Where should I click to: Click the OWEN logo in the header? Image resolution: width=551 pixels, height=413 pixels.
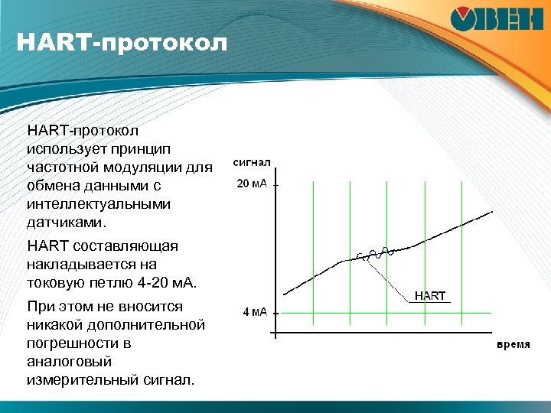point(497,20)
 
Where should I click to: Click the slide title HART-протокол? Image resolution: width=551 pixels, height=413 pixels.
point(122,42)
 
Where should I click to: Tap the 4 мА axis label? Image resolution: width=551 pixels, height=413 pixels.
point(254,312)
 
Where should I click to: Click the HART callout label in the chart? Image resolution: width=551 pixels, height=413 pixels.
point(429,296)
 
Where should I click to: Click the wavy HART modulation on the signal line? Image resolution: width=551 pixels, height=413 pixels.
point(375,254)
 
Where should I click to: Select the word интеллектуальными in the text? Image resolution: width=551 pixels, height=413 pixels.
point(98,205)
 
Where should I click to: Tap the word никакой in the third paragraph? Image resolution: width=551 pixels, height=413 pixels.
point(55,325)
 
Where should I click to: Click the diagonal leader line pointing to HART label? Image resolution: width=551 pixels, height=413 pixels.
point(390,279)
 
